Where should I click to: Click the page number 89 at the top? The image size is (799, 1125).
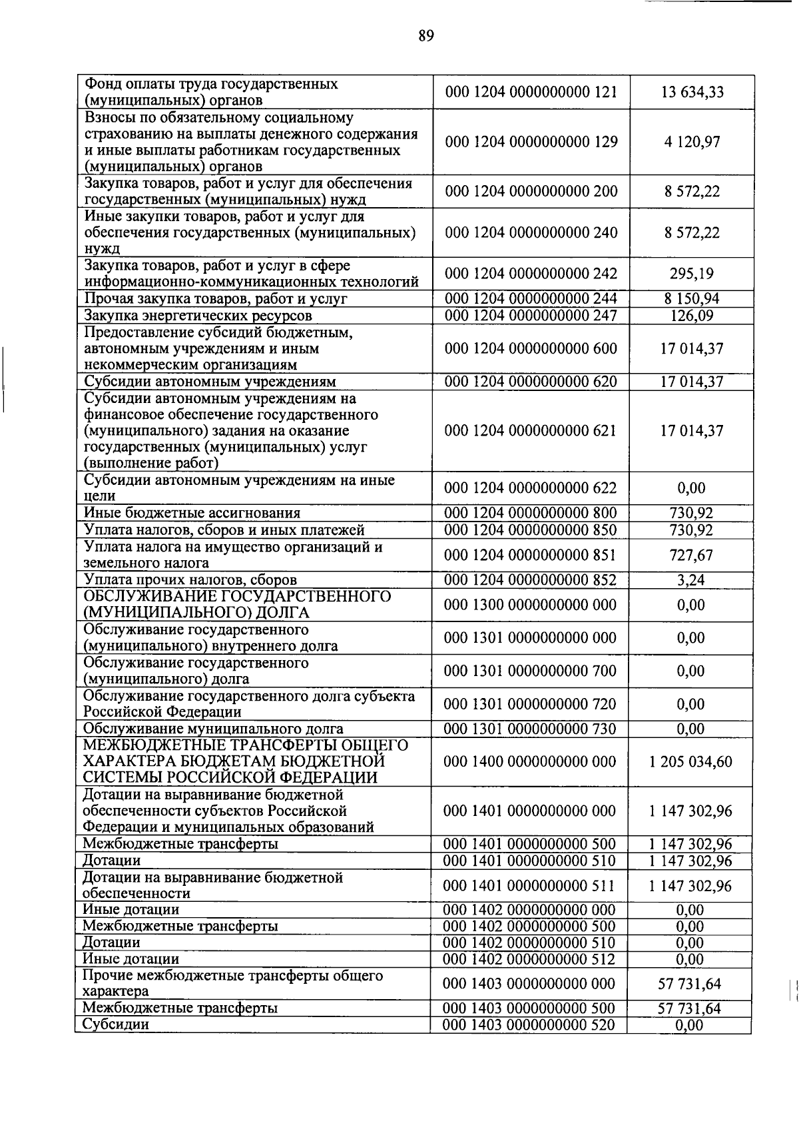coord(426,36)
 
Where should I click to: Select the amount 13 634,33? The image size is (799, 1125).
coord(692,92)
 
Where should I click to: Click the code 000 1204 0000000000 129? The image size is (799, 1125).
coord(531,142)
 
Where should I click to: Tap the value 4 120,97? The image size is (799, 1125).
coord(692,142)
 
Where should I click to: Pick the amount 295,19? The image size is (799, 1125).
coord(692,274)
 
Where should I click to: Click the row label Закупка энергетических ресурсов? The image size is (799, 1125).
coord(197,316)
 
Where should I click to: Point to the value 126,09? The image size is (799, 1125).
coord(692,316)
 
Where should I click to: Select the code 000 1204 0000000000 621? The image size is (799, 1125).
coord(531,431)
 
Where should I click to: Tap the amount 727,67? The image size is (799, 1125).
coord(692,555)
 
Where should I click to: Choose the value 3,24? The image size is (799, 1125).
coord(691,580)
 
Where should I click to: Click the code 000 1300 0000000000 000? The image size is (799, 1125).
coord(531,605)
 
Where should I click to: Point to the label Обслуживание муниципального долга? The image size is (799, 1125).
coord(213,729)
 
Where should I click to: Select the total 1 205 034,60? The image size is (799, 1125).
coord(690,761)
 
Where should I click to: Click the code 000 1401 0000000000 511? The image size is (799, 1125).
coord(531,886)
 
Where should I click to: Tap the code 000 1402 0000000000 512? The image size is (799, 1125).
coord(531,959)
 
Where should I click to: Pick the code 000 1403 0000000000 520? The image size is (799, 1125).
coord(531,1025)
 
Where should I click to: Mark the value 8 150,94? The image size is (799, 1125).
coord(692,299)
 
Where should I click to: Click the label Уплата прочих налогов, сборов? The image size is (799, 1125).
coord(190,580)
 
